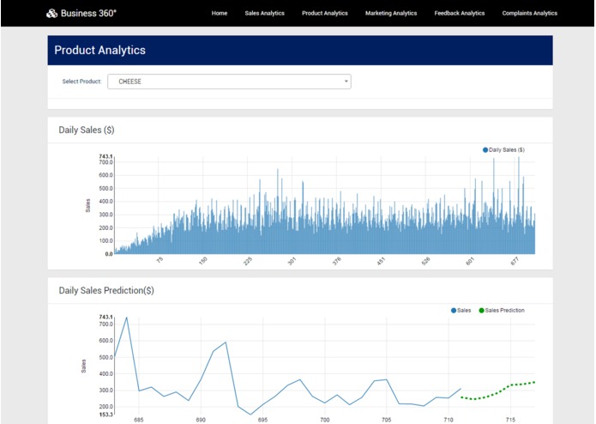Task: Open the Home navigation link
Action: (x=220, y=13)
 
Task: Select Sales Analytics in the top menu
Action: (x=264, y=13)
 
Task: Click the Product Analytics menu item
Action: (x=325, y=13)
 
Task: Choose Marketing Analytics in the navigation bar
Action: (x=390, y=13)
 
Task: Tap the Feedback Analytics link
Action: (x=459, y=13)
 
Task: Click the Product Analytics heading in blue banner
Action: (x=100, y=51)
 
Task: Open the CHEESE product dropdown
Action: (x=229, y=82)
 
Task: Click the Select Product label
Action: (x=81, y=82)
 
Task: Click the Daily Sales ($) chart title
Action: (x=86, y=130)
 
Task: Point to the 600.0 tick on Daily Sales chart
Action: (x=105, y=175)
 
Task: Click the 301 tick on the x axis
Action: (x=292, y=261)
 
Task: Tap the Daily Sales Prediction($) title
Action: (x=106, y=291)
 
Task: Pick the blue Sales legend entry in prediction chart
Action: (x=461, y=310)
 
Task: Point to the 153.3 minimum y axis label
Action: (x=105, y=414)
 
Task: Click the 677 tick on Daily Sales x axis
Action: (x=514, y=261)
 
